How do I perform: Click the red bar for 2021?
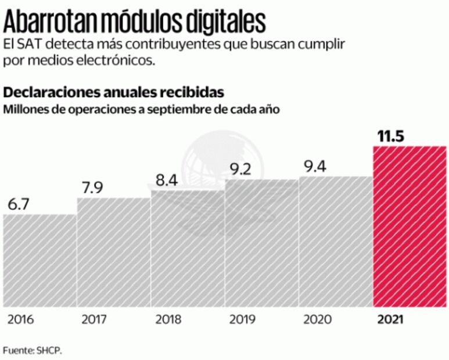[410, 226]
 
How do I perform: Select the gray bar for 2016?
[39, 260]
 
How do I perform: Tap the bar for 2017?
[113, 252]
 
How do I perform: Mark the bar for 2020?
[335, 242]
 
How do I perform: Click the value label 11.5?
[390, 137]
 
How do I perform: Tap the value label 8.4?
[168, 181]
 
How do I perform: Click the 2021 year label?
[389, 319]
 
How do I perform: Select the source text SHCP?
[49, 350]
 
